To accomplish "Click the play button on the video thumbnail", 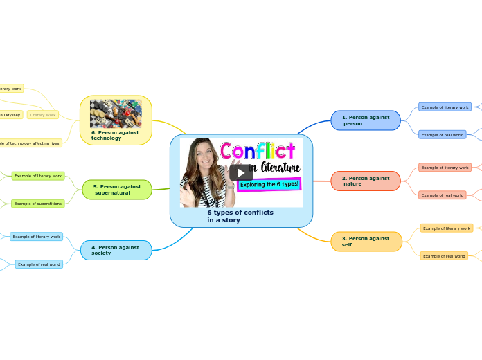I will pyautogui.click(x=241, y=173).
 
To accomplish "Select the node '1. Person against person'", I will pyautogui.click(x=366, y=120).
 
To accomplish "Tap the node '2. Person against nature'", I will pyautogui.click(x=366, y=181).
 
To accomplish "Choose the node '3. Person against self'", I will pyautogui.click(x=366, y=242).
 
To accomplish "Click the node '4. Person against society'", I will pyautogui.click(x=116, y=250).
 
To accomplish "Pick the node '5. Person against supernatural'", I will pyautogui.click(x=117, y=190).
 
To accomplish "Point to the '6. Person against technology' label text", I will pyautogui.click(x=115, y=135).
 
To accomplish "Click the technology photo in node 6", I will pyautogui.click(x=116, y=113).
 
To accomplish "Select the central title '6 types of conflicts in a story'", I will pyautogui.click(x=240, y=216).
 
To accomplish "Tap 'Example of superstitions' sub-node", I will pyautogui.click(x=38, y=204).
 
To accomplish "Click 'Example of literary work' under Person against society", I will pyautogui.click(x=36, y=237).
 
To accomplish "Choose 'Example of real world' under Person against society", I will pyautogui.click(x=39, y=264).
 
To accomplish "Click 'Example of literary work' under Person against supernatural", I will pyautogui.click(x=38, y=176).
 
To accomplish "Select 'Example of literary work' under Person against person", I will pyautogui.click(x=445, y=107).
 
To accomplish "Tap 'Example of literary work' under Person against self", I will pyautogui.click(x=446, y=228).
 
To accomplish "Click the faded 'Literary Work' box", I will pyautogui.click(x=43, y=115).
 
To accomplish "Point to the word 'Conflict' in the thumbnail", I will pyautogui.click(x=258, y=151).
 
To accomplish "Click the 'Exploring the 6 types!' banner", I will pyautogui.click(x=269, y=184).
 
